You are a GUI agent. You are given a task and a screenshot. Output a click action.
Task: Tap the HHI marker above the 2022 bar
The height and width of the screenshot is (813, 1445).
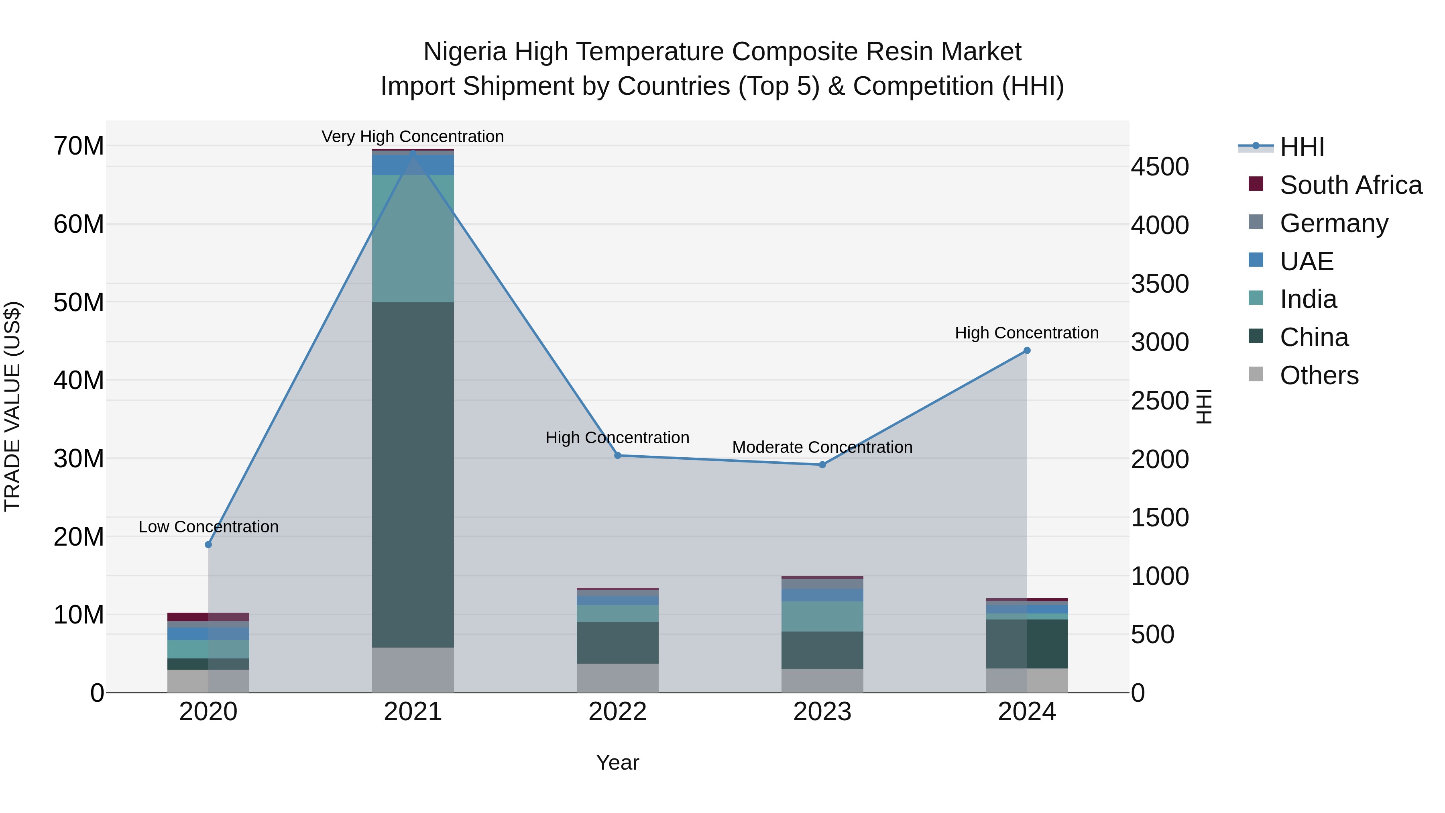(618, 456)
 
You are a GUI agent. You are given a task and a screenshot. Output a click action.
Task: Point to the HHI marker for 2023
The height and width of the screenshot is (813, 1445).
(822, 465)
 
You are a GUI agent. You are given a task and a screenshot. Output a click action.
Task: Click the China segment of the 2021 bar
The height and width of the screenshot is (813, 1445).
(413, 474)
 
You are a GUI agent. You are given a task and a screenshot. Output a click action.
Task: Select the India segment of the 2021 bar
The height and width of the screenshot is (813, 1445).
(413, 238)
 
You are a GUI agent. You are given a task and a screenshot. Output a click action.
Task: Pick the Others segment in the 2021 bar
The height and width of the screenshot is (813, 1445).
(413, 670)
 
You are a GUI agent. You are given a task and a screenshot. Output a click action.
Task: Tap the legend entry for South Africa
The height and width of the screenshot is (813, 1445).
(1351, 185)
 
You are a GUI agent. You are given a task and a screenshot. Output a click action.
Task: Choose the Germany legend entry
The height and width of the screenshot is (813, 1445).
(1334, 223)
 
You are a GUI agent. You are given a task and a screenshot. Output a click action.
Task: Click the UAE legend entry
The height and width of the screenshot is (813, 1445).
(1307, 261)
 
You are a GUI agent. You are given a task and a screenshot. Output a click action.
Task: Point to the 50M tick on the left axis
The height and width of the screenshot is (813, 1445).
(79, 302)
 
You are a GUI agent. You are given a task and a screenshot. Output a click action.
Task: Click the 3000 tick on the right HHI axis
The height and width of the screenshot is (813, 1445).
(1160, 342)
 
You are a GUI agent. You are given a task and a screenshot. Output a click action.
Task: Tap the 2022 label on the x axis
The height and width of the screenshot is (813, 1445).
(618, 712)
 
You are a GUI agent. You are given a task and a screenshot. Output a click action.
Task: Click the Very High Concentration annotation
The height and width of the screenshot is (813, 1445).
(413, 137)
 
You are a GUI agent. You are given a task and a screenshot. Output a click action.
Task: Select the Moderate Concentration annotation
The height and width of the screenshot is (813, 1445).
(822, 447)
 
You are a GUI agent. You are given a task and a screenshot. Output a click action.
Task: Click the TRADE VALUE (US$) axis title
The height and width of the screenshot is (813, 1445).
(12, 406)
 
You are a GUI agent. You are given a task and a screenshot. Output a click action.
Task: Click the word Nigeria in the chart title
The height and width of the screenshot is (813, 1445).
(465, 52)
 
